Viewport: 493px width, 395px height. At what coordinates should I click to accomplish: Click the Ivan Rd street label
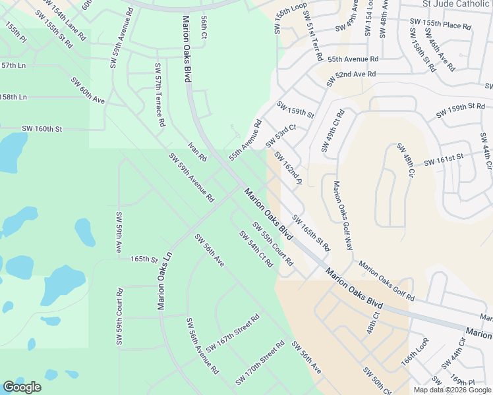[197, 152]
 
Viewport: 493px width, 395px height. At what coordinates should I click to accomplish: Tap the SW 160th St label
[42, 129]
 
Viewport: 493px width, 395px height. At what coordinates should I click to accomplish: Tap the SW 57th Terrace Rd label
[159, 95]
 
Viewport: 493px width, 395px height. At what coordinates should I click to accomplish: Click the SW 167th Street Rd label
[233, 333]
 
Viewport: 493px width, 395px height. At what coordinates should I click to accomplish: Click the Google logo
[22, 387]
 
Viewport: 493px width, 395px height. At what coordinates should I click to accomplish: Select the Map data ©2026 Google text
[451, 390]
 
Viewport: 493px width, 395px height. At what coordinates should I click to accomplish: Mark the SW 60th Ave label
[88, 90]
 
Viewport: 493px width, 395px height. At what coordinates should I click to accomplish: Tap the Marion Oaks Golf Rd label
[386, 280]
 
